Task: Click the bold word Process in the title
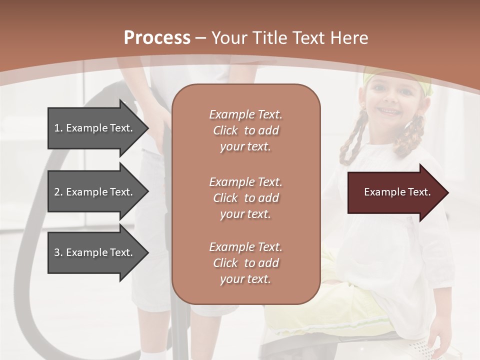click(x=157, y=38)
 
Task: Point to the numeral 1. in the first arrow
click(x=58, y=128)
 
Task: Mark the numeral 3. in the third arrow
click(x=58, y=252)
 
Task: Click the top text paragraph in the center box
click(x=245, y=130)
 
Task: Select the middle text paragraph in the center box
click(x=245, y=198)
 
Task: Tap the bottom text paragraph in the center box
click(x=245, y=263)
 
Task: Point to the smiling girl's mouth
click(x=387, y=110)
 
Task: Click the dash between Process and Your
click(x=201, y=38)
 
